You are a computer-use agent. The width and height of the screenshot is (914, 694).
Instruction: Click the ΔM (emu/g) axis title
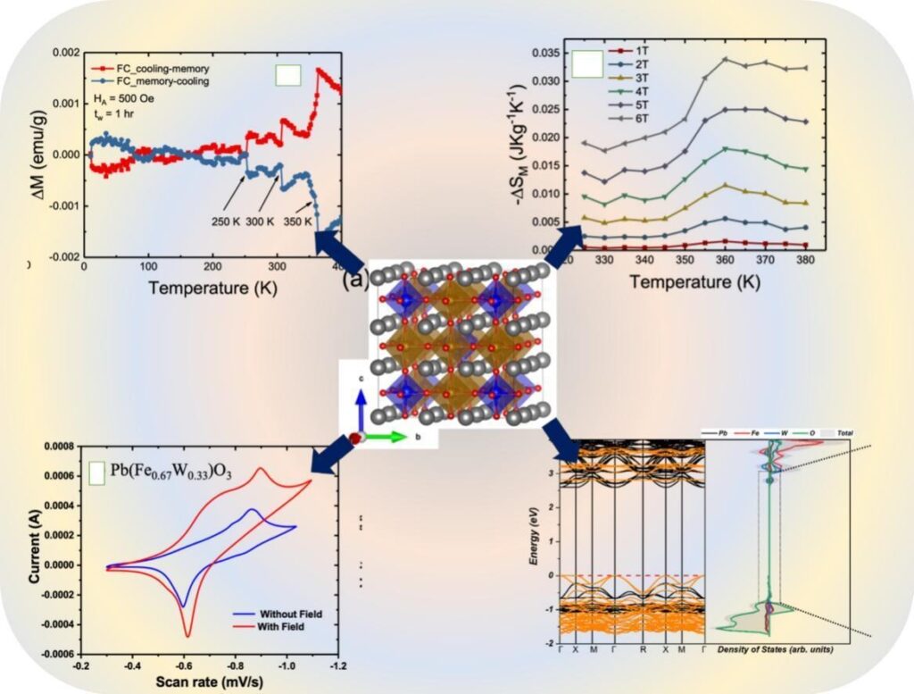click(x=42, y=150)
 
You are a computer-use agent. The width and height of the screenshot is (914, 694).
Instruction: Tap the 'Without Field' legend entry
click(x=290, y=615)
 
